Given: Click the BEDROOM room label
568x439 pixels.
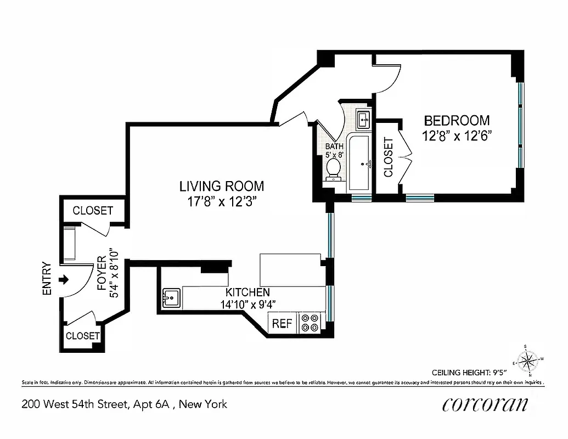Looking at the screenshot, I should point(457,120).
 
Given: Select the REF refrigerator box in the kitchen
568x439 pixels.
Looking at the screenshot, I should point(282,323).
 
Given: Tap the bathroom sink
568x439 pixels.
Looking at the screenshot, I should point(363,119).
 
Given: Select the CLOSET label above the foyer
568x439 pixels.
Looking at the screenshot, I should point(93,211).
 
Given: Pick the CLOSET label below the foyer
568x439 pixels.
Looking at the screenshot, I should point(83,336).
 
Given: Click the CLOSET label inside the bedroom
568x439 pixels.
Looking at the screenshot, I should point(389,157).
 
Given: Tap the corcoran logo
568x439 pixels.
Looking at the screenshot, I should point(485,405).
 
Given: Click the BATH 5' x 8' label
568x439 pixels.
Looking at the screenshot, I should point(334,150).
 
